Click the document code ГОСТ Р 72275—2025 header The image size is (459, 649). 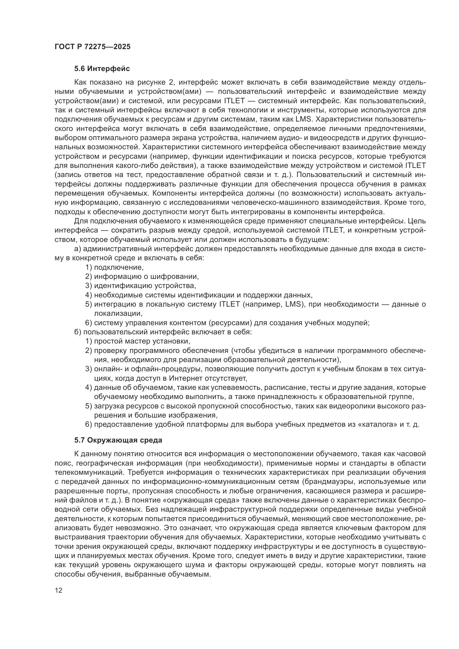[93, 47]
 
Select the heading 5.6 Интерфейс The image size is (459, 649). [102, 69]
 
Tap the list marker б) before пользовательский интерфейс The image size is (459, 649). [78, 332]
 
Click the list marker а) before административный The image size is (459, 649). [78, 249]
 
